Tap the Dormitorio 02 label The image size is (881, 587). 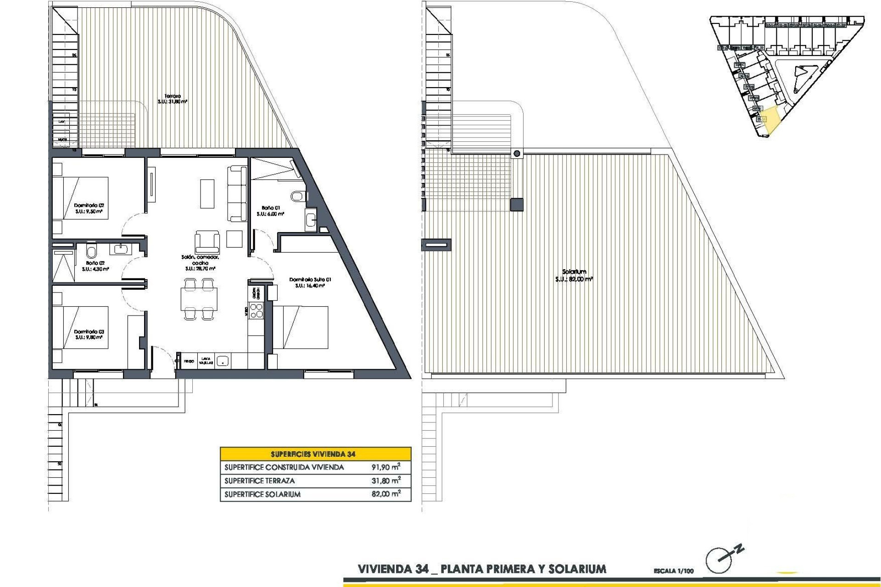[x=89, y=206]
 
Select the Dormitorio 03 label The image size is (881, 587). [x=89, y=332]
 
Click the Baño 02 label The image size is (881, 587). [x=95, y=263]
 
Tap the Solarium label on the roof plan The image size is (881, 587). [x=574, y=272]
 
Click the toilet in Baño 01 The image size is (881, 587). [x=298, y=196]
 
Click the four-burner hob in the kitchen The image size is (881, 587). [x=256, y=311]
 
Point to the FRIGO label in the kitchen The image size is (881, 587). [x=189, y=361]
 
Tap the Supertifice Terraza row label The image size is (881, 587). [x=260, y=481]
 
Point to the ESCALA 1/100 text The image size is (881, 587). [x=674, y=571]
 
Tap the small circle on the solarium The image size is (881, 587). [x=517, y=154]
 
